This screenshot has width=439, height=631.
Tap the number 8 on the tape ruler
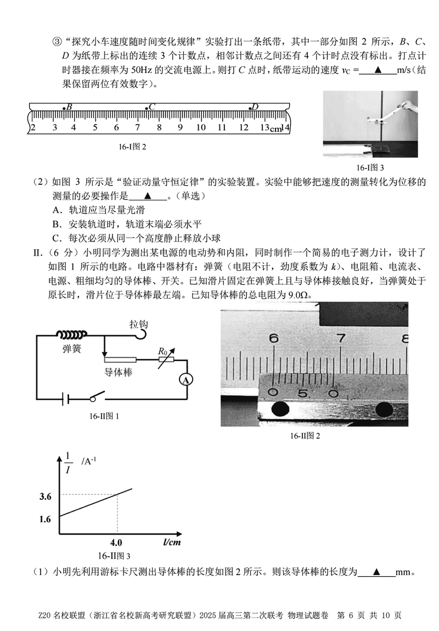(159, 127)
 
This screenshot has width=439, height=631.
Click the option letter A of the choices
(56, 210)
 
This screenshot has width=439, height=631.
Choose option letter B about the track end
(56, 224)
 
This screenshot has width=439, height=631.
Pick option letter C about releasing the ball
(56, 238)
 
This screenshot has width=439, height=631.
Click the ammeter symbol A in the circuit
(187, 380)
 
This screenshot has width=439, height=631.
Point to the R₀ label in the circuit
(162, 351)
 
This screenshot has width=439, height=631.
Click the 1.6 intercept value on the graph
(46, 519)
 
